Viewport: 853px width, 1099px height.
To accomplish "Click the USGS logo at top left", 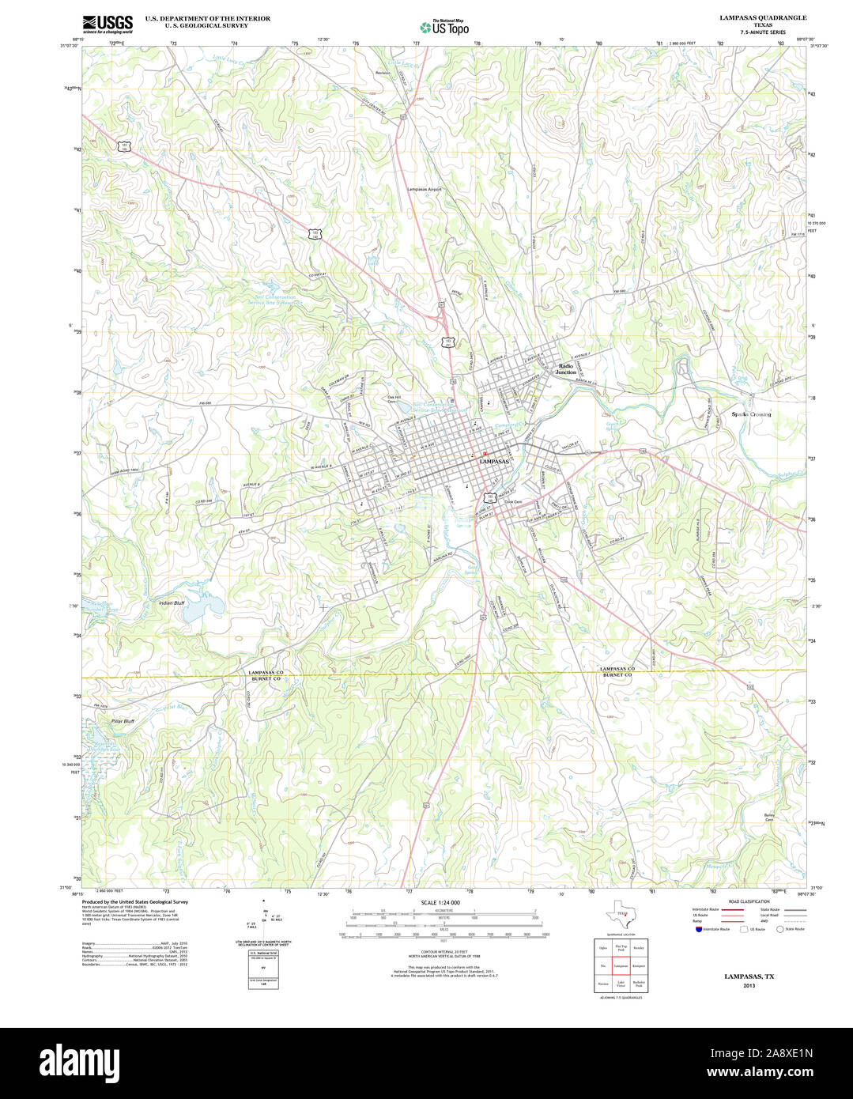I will coord(108,23).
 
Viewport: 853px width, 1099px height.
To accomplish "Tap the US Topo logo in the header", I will coord(444,27).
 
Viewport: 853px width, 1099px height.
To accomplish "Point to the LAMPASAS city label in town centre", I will coord(494,461).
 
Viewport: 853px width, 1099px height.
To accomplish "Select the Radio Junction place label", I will coord(566,369).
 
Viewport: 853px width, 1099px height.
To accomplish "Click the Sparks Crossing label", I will coord(750,414).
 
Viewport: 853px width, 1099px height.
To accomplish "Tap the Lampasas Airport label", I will coord(424,190).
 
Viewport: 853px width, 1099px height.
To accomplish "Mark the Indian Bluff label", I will coord(172,603).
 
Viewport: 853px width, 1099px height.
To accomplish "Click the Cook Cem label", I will coord(514,501).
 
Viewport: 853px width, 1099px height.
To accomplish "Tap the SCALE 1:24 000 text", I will coord(440,902).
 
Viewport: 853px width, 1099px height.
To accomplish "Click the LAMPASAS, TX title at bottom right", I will coord(749,976).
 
